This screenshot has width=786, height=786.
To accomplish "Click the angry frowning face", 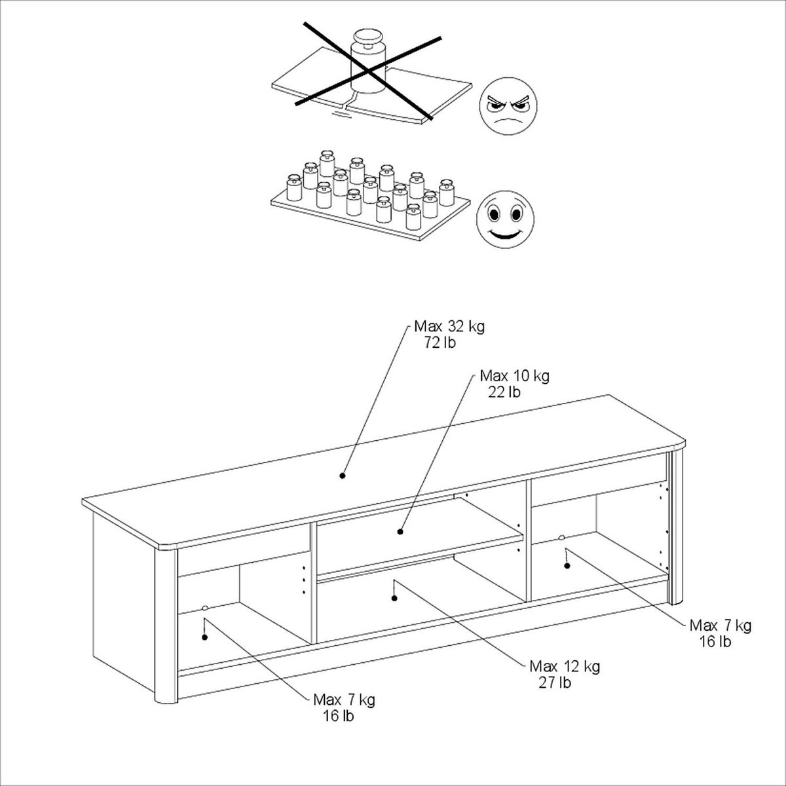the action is (x=508, y=106).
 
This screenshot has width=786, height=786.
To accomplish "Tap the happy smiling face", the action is (x=506, y=219).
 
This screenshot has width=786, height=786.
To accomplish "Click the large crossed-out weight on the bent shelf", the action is (x=369, y=61).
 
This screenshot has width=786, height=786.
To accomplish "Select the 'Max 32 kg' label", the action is (x=449, y=327).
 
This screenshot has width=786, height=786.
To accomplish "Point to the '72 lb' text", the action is (x=440, y=343).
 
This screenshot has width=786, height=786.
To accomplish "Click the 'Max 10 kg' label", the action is (x=515, y=376).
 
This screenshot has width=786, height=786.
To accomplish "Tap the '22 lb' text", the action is (x=504, y=392).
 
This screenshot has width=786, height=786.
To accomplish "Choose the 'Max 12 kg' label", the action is (x=565, y=667).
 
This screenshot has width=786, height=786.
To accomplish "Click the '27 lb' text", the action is (x=555, y=683).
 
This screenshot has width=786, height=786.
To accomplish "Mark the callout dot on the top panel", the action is (x=342, y=476).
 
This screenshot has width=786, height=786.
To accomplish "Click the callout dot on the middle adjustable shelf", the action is (x=400, y=532).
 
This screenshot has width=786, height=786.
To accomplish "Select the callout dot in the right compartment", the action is (x=567, y=566).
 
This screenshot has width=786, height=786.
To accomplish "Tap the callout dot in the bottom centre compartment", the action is (x=394, y=599).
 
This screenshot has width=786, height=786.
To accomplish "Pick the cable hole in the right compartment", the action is (x=561, y=538).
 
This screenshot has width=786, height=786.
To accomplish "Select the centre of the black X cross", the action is (x=368, y=72).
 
